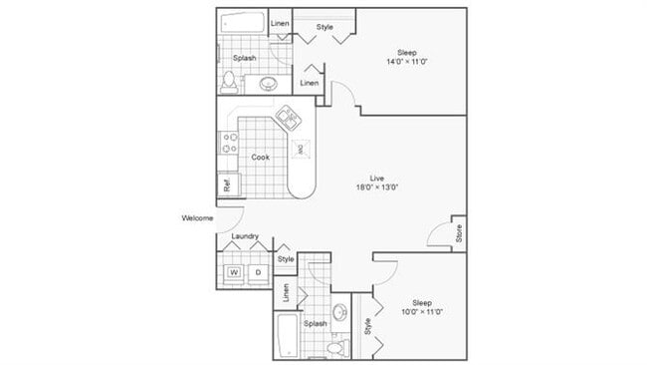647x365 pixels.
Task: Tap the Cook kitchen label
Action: pyautogui.click(x=259, y=157)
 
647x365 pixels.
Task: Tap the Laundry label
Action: pyautogui.click(x=245, y=236)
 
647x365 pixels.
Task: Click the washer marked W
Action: pyautogui.click(x=235, y=271)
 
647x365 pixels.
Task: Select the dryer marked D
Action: pyautogui.click(x=258, y=271)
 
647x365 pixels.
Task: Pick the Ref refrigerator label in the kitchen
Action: pyautogui.click(x=227, y=184)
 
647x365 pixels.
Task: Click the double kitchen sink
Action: pyautogui.click(x=289, y=121)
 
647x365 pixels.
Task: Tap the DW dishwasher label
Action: pyautogui.click(x=300, y=150)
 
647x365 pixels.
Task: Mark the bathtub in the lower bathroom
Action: pyautogui.click(x=285, y=334)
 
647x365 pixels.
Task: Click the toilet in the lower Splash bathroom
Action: pyautogui.click(x=334, y=346)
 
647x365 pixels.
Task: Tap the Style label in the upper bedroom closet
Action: pyautogui.click(x=324, y=27)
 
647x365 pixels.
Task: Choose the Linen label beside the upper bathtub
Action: pyautogui.click(x=280, y=23)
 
